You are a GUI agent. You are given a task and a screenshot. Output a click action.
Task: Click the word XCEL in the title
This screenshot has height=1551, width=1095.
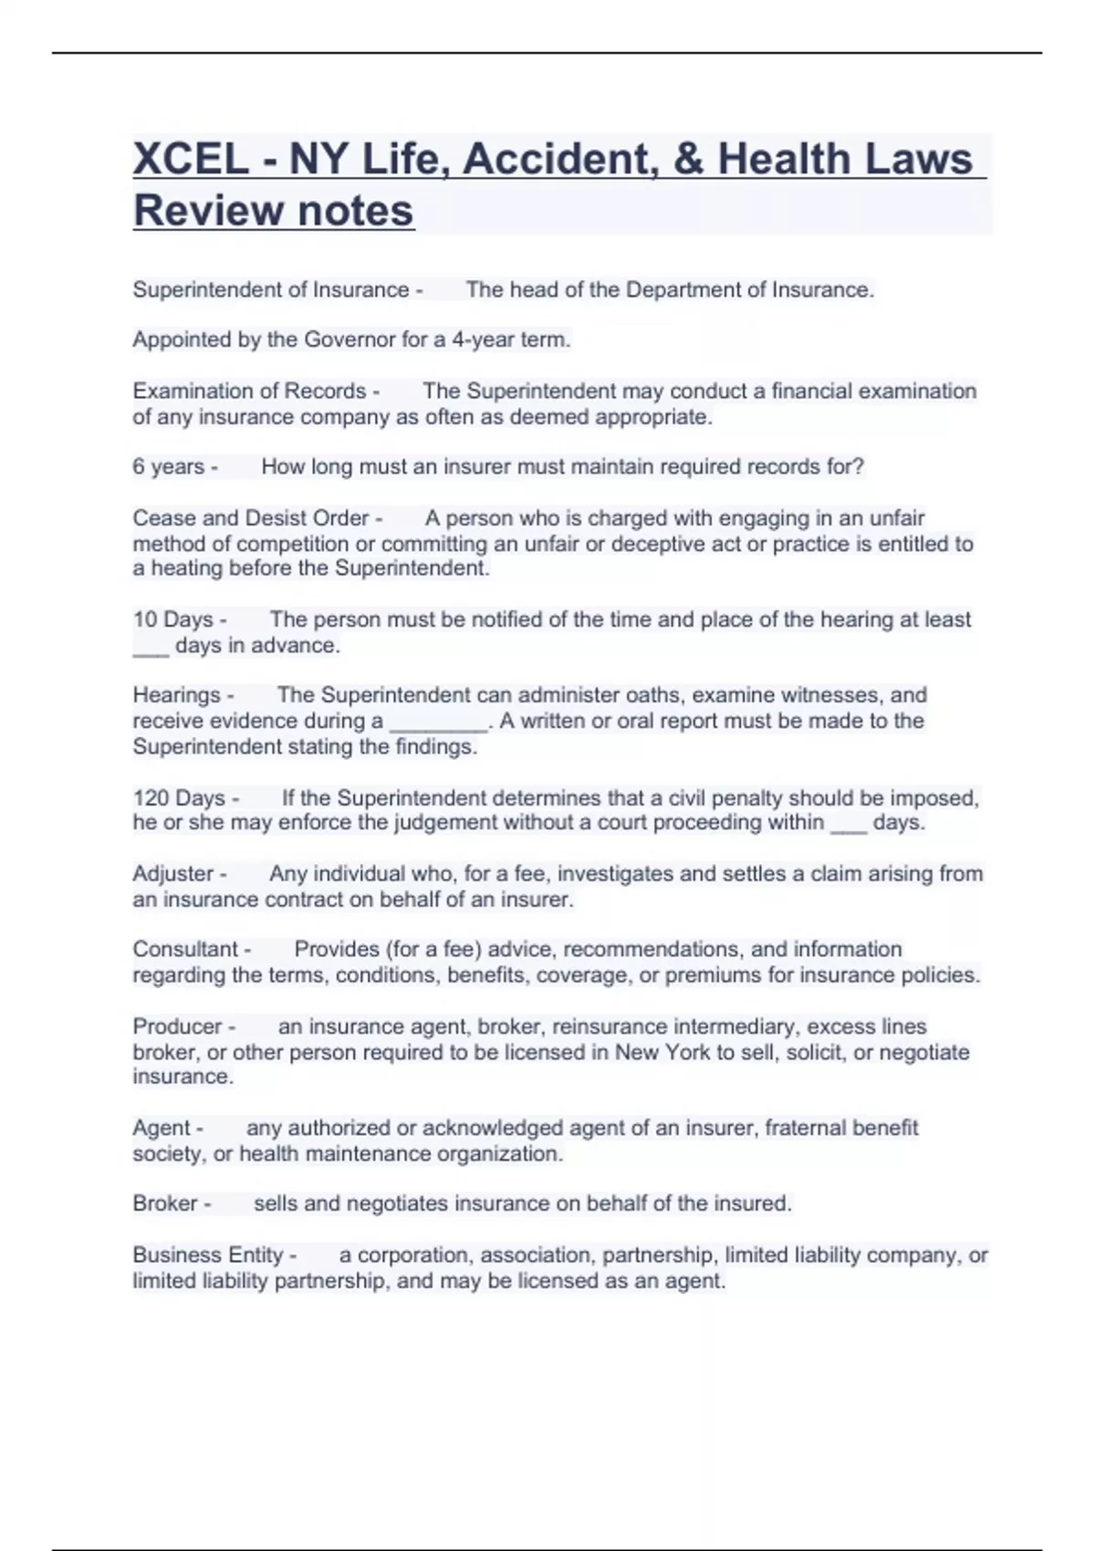(x=191, y=159)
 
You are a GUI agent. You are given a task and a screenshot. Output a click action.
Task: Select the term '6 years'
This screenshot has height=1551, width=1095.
(x=169, y=467)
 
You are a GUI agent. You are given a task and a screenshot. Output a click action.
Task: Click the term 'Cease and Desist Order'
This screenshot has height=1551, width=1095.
(x=251, y=518)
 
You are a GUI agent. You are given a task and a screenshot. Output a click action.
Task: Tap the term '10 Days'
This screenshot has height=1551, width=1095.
(x=173, y=619)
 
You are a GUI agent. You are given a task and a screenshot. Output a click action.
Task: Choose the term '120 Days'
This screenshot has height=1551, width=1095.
(x=179, y=798)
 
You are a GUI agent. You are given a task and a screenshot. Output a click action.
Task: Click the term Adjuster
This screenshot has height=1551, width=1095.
(x=173, y=874)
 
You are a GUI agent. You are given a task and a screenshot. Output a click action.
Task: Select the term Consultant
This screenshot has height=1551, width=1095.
(x=185, y=950)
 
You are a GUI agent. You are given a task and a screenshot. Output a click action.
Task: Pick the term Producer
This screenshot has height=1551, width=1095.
(x=177, y=1026)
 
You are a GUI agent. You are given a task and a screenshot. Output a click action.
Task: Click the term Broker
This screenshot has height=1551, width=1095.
(x=165, y=1203)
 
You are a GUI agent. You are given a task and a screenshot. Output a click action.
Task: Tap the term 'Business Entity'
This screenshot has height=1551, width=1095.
(x=208, y=1255)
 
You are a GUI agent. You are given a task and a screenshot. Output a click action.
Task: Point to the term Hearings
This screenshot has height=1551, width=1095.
(x=177, y=695)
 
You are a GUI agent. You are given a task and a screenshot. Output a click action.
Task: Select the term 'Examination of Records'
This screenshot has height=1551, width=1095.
(x=249, y=391)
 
